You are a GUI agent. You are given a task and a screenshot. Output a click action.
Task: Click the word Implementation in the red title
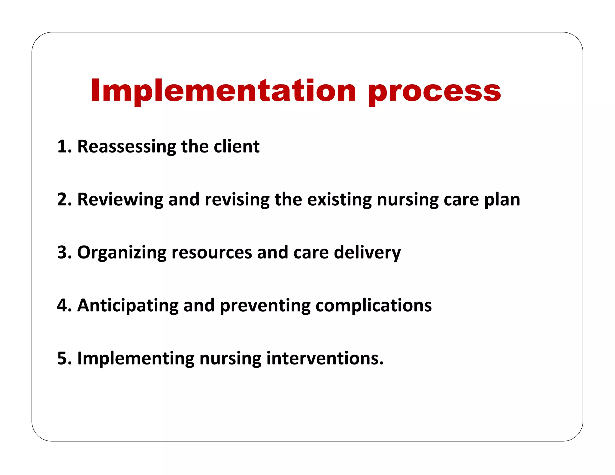tap(223, 90)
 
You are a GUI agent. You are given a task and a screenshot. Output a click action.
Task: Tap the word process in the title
tap(435, 92)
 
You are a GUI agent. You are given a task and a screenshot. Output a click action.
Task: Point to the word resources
tap(211, 252)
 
